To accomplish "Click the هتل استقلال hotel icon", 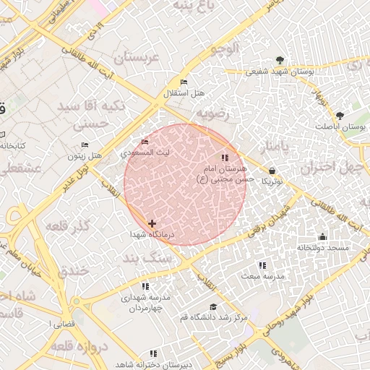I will tap(184, 82).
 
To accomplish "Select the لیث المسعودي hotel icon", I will tap(145, 142).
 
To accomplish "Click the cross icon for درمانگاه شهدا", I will tap(152, 224).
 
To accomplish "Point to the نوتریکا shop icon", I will tap(271, 171).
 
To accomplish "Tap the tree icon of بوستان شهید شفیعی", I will tap(280, 61).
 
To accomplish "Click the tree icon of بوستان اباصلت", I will tap(340, 116).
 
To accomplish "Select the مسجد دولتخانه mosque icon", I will tap(322, 237).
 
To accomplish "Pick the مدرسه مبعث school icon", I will tap(262, 265).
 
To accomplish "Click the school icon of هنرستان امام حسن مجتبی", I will tap(225, 157).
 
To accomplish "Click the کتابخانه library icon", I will tap(2, 134).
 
